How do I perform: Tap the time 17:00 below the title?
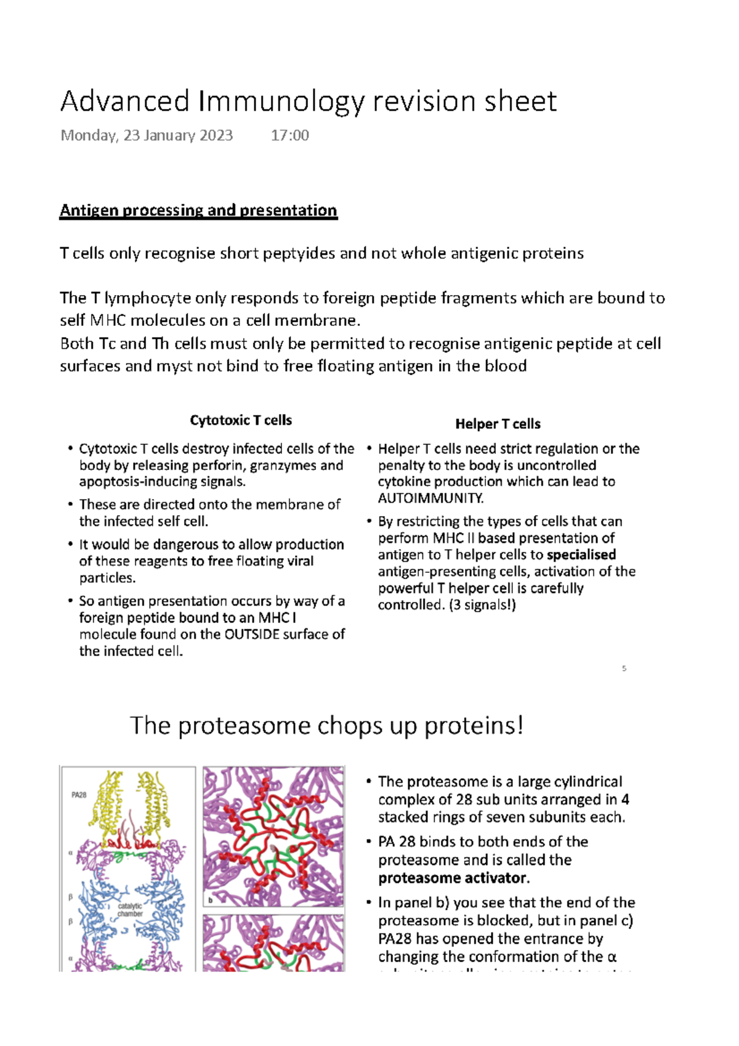point(289,136)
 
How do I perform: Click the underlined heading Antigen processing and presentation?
point(198,211)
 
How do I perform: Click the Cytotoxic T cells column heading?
point(241,421)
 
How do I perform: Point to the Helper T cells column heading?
point(498,424)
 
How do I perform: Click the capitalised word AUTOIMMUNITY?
point(430,498)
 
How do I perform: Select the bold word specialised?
point(581,555)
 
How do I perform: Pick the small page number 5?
point(624,668)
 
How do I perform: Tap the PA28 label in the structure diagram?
point(79,795)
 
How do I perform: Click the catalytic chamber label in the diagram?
point(130,910)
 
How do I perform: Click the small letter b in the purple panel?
point(210,900)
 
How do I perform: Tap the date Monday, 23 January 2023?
point(147,136)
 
